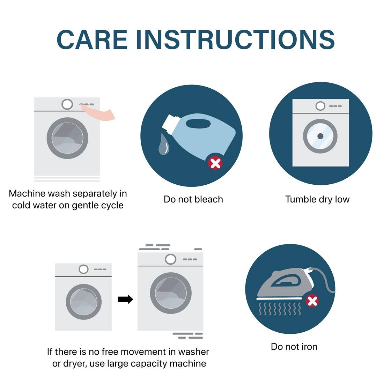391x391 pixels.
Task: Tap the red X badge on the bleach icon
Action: coord(215,163)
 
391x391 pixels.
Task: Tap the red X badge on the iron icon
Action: coord(312,301)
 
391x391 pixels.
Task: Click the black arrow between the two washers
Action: coord(125,299)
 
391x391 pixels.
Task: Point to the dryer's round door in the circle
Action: coord(320,136)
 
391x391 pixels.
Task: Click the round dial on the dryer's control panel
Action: coord(320,106)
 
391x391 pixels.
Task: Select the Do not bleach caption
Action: coord(193,199)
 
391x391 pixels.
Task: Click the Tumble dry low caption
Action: coord(317,199)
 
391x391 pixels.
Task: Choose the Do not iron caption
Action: coord(294,347)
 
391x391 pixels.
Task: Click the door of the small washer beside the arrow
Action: coord(83,302)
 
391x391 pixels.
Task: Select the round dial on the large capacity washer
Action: coord(171,259)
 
